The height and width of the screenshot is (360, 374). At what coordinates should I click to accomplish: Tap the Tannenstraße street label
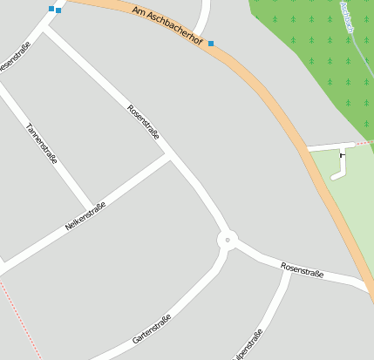(x=42, y=144)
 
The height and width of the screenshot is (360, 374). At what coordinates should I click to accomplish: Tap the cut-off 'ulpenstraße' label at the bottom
(x=248, y=343)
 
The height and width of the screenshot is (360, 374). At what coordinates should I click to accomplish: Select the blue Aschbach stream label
(x=347, y=16)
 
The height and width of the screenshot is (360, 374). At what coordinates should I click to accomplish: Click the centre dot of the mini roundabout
(x=228, y=239)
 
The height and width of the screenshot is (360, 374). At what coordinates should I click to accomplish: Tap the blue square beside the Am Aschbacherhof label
(x=210, y=44)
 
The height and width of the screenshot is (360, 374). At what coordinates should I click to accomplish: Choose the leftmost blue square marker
(x=51, y=9)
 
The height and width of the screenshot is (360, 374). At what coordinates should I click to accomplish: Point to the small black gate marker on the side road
(x=342, y=156)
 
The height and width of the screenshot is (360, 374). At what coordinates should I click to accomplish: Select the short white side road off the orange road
(x=330, y=146)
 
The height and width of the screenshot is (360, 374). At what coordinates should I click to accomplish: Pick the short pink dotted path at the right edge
(x=365, y=141)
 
